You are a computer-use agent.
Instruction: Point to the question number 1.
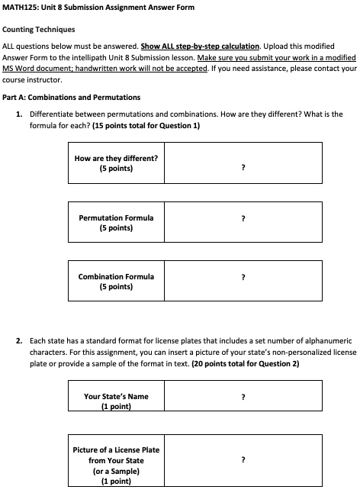(x=18, y=114)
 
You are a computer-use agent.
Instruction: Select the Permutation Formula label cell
(x=116, y=222)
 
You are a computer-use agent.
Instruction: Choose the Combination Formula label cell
(x=116, y=281)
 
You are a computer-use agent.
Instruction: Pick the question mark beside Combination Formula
(x=243, y=278)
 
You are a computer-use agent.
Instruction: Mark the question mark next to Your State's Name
(x=243, y=398)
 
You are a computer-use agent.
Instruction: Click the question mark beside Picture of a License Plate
(x=243, y=460)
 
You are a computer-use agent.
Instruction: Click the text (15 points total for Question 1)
(x=146, y=125)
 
